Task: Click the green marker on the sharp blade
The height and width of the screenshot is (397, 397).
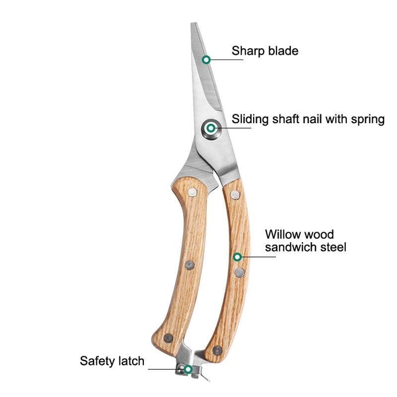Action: [x=206, y=60]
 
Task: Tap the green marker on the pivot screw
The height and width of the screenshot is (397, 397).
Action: [x=210, y=128]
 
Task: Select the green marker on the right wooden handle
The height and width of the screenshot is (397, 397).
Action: [x=237, y=257]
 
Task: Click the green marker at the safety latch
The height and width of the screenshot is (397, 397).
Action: [x=188, y=369]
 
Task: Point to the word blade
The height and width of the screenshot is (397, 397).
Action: [x=283, y=51]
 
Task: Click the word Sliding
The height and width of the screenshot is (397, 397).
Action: [x=250, y=120]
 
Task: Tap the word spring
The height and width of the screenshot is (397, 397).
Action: [x=368, y=120]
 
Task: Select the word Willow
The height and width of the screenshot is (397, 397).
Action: [x=283, y=234]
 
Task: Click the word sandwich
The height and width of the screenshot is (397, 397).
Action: [x=291, y=247]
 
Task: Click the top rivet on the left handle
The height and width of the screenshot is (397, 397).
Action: [x=192, y=192]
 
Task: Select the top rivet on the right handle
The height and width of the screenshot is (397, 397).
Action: [x=235, y=195]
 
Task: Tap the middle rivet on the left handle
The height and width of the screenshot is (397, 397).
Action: [x=190, y=265]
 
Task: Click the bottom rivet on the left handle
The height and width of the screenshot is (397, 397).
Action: [x=168, y=338]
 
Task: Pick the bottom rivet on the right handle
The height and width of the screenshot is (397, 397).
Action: [x=217, y=350]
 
